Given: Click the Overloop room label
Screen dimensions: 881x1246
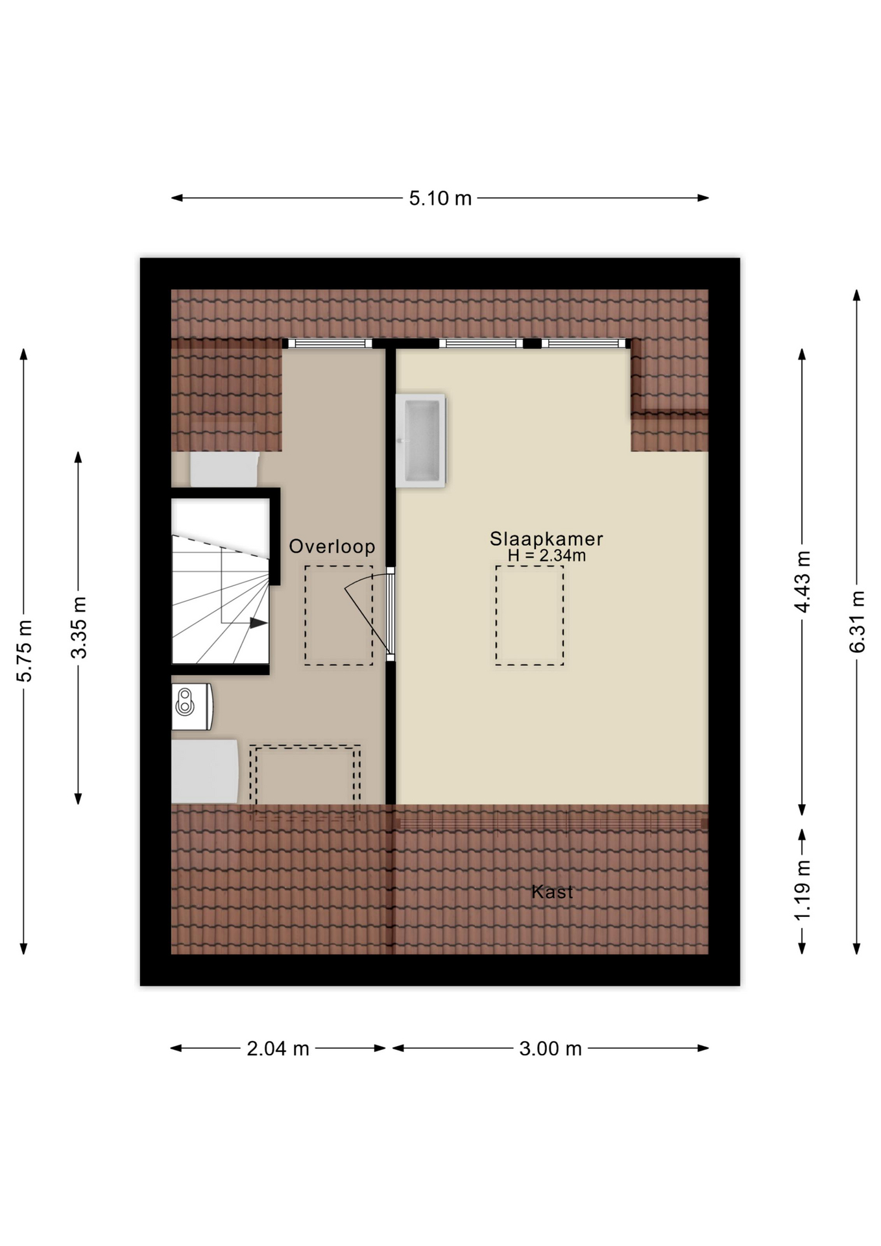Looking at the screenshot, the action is tap(332, 546).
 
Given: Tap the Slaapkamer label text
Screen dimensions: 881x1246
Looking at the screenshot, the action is tap(546, 539).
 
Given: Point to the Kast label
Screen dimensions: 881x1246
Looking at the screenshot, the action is tap(552, 892).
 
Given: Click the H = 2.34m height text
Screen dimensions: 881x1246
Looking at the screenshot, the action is tap(547, 556).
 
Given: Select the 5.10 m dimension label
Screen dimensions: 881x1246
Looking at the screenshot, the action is tap(440, 198).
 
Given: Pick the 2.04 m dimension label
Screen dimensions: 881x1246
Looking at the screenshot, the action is tap(278, 1048).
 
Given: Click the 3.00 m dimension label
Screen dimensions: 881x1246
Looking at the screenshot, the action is tap(550, 1048).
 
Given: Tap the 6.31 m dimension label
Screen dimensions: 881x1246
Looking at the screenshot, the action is tap(857, 622).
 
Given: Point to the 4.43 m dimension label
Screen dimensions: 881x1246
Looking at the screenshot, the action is tap(803, 581).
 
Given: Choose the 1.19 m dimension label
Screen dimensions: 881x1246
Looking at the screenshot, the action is tap(803, 889).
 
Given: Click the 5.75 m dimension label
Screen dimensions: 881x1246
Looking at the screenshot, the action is tap(24, 651).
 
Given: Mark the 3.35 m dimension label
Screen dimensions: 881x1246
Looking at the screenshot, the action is tap(78, 628).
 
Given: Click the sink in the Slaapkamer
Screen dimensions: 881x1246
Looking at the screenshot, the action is tap(421, 440).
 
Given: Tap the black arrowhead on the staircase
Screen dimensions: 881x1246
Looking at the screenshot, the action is tap(258, 623).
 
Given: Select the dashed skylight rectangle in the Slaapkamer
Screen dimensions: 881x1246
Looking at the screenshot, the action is tap(529, 615).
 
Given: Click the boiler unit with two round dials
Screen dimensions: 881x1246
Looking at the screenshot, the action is tap(192, 706).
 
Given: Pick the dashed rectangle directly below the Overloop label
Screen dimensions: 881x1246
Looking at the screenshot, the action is tap(339, 615).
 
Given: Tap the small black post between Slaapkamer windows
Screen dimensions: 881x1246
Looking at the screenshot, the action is tap(532, 343).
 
